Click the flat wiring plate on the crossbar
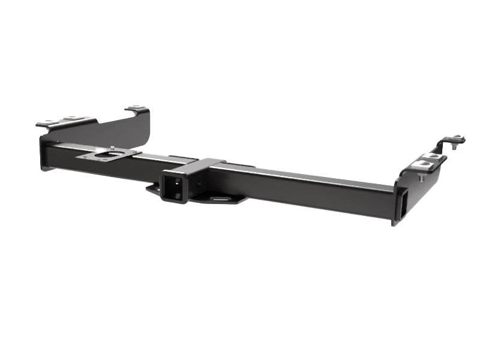108,155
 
